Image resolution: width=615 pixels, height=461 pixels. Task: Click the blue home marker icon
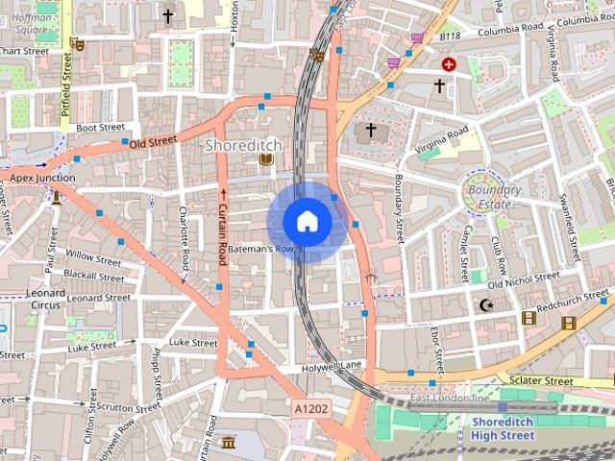307,222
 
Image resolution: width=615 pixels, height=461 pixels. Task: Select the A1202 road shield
310,409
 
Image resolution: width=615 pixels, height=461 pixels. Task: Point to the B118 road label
451,36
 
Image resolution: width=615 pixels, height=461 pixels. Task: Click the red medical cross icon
449,64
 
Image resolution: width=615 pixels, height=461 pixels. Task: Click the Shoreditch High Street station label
503,428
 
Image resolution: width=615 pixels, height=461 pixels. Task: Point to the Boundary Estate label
495,197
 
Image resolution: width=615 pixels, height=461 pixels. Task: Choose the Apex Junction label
42,178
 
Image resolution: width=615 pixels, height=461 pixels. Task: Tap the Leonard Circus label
45,299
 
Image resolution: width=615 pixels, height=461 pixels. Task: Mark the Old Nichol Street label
524,280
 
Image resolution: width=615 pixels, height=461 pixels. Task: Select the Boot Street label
100,127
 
